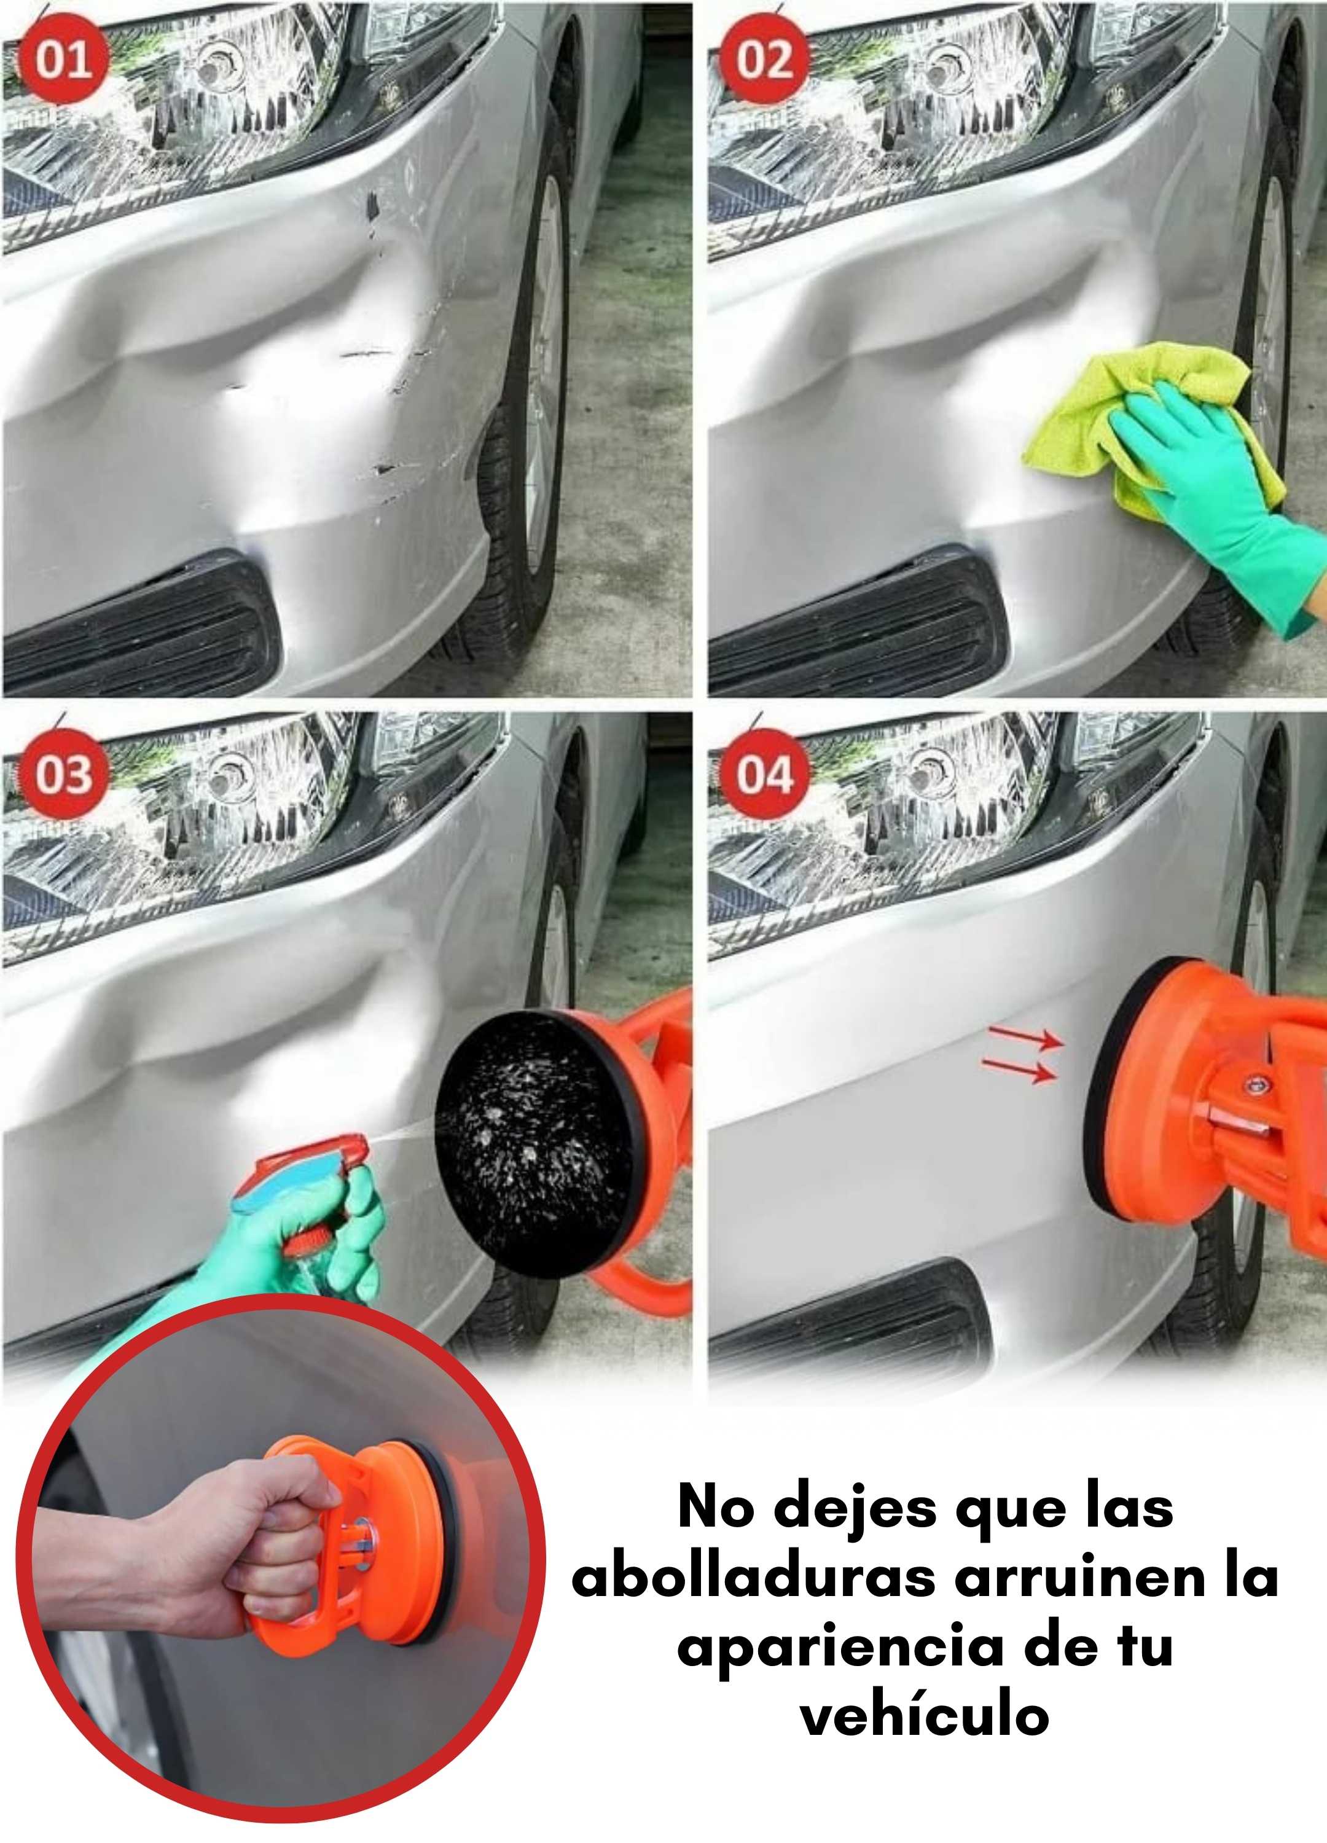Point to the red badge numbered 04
764,773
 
